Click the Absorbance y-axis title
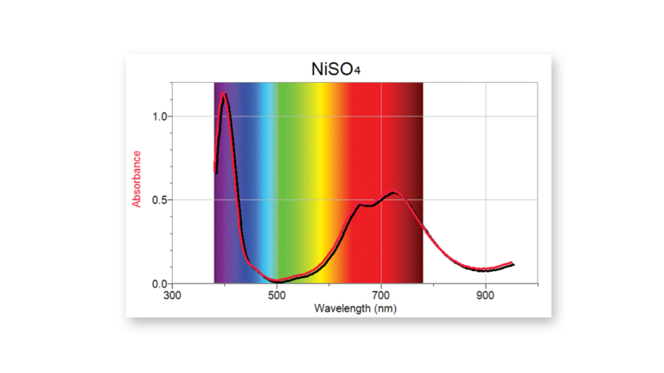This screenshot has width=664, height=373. click(137, 179)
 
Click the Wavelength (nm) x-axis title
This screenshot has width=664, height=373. click(354, 307)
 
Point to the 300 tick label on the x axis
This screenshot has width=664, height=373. click(173, 294)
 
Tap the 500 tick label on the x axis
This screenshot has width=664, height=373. click(277, 294)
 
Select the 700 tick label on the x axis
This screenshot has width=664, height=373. click(381, 294)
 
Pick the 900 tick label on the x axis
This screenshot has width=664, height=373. click(486, 294)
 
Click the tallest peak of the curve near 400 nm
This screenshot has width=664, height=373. click(225, 93)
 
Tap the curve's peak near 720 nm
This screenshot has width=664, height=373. click(393, 193)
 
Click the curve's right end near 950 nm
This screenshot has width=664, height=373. click(513, 263)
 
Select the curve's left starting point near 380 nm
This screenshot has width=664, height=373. click(215, 171)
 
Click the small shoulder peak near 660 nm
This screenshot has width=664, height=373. click(361, 205)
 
